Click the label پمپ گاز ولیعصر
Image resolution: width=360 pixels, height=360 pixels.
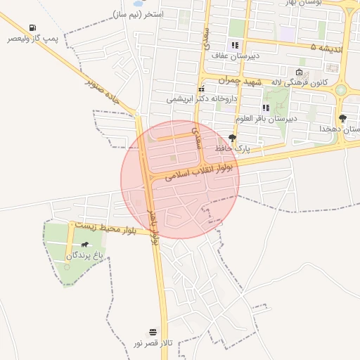point(34,38)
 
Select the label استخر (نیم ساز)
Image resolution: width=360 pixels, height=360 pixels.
point(139,14)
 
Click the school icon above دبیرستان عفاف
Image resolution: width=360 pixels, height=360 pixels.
point(235,45)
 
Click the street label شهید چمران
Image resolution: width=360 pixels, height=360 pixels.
point(238,82)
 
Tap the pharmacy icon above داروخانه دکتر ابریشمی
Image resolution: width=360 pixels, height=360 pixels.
point(201,89)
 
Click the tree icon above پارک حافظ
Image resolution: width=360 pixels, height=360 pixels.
point(233,138)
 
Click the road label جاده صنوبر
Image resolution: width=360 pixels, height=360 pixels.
point(105,93)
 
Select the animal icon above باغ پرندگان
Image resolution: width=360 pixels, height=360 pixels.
point(85,245)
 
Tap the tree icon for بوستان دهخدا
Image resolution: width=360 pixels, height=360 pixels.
point(342,118)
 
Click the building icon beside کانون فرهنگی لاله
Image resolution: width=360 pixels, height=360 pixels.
point(300,72)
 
